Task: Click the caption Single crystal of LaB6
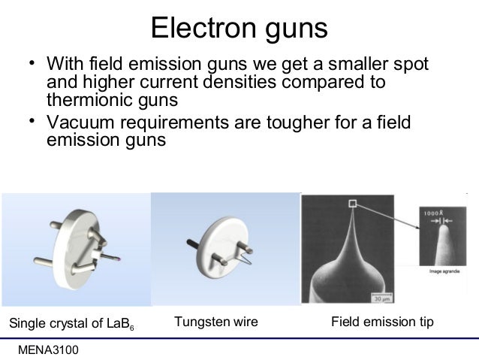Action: click(71, 324)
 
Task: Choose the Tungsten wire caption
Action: click(215, 322)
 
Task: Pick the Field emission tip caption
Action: click(382, 322)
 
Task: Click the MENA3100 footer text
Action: click(52, 350)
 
